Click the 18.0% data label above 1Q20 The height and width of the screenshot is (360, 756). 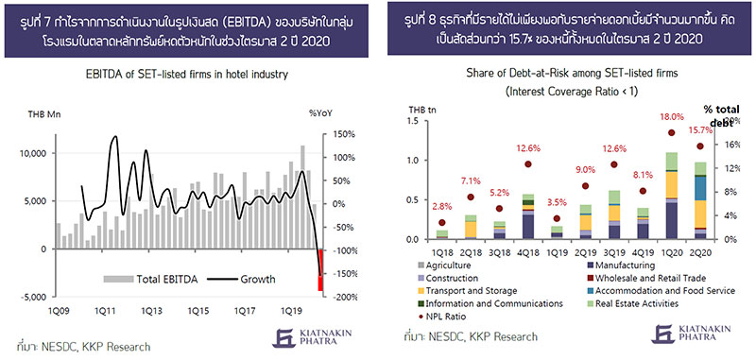click(x=672, y=117)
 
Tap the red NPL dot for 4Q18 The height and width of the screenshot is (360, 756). click(x=528, y=163)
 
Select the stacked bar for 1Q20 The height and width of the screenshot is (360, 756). click(x=672, y=196)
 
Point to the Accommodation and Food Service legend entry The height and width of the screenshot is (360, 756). click(x=660, y=291)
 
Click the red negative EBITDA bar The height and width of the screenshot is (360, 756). click(x=319, y=270)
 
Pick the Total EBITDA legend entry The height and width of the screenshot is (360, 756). click(x=151, y=279)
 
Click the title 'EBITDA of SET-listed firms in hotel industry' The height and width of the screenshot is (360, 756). click(x=186, y=75)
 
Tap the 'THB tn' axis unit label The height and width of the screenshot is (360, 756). click(x=422, y=110)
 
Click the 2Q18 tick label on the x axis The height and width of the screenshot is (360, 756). click(x=471, y=251)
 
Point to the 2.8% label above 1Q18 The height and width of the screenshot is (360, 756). click(x=442, y=207)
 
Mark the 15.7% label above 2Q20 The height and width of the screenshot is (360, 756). click(x=700, y=131)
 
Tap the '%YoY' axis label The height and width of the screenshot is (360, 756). click(x=320, y=113)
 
